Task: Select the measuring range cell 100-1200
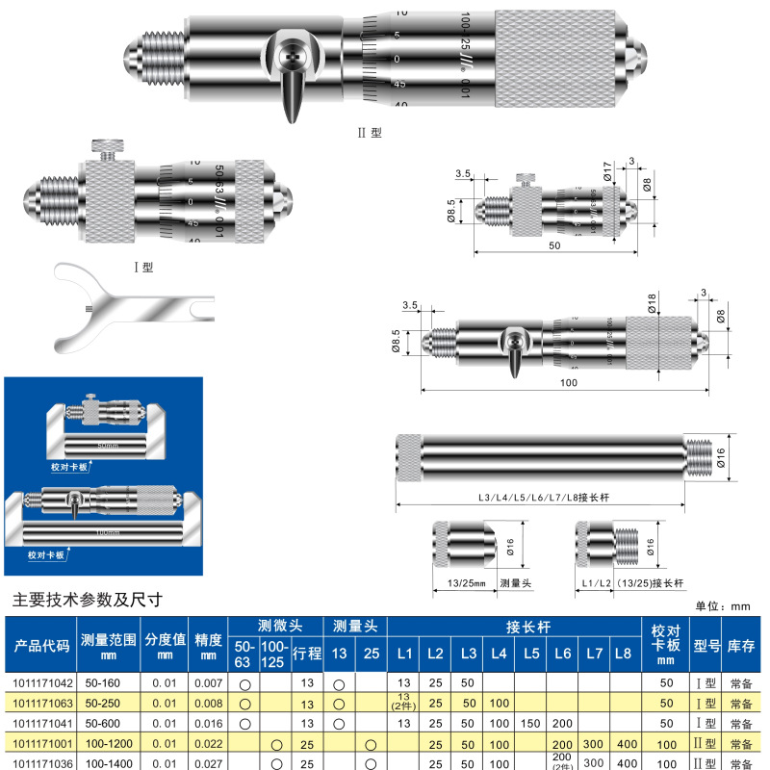pyautogui.click(x=107, y=744)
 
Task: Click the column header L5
pyautogui.click(x=530, y=654)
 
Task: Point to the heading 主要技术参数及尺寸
pyautogui.click(x=87, y=599)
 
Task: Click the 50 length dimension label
pyautogui.click(x=555, y=246)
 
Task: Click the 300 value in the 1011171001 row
pyautogui.click(x=595, y=744)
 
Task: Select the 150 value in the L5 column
pyautogui.click(x=530, y=723)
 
